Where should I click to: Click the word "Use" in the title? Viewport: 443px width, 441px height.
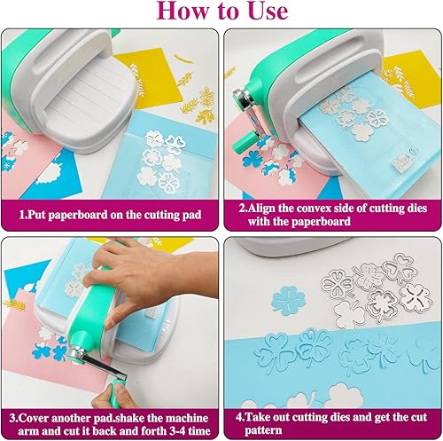point(268,11)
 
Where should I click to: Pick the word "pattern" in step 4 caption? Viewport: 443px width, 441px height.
point(263,430)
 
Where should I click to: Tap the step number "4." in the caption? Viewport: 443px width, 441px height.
point(240,417)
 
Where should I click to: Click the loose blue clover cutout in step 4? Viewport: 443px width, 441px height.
point(288,300)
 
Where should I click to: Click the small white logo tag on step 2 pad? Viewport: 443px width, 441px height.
point(400,161)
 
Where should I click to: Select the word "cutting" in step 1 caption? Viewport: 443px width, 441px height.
point(158,215)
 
